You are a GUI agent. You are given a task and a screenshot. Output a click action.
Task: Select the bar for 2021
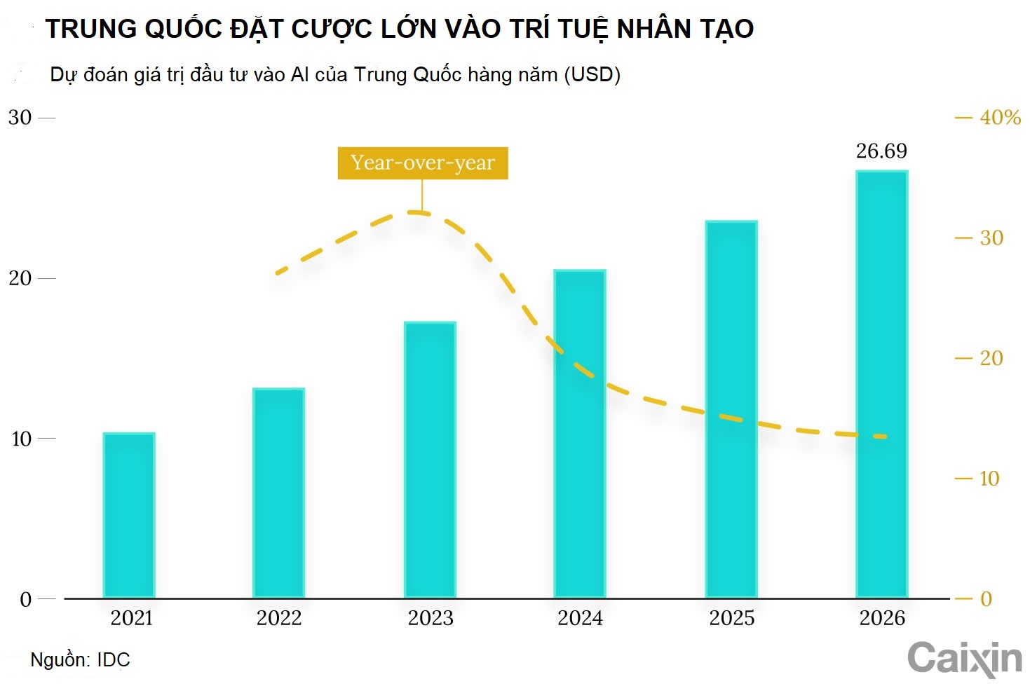click(x=129, y=515)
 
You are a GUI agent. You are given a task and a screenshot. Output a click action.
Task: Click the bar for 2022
click(x=278, y=493)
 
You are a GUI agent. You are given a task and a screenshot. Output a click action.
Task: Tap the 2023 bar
click(x=430, y=460)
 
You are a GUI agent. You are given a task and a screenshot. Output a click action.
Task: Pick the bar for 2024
click(x=580, y=434)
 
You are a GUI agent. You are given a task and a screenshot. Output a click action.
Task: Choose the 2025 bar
click(x=731, y=409)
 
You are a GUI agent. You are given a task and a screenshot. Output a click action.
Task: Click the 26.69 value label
click(x=881, y=151)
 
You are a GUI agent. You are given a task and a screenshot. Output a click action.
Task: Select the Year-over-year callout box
click(x=423, y=163)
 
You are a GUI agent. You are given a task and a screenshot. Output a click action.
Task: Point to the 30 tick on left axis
click(x=20, y=118)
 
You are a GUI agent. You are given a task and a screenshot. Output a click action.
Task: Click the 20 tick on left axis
click(x=20, y=278)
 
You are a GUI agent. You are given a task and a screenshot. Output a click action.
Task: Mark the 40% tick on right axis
click(x=999, y=118)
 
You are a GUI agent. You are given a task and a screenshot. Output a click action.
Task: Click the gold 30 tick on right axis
click(x=991, y=238)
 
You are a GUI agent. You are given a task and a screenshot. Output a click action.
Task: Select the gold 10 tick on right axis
click(x=989, y=479)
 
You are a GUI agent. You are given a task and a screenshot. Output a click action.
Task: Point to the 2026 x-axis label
click(x=882, y=618)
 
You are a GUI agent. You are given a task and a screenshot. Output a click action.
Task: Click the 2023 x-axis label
click(x=431, y=618)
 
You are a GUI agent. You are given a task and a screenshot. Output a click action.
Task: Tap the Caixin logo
click(x=964, y=659)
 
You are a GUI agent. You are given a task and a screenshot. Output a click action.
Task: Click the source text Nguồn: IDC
click(x=80, y=660)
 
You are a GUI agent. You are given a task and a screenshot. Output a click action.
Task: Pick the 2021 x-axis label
click(x=132, y=618)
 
